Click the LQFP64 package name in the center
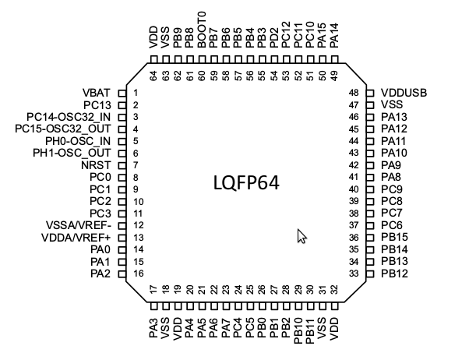coord(246,183)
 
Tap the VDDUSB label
coord(405,93)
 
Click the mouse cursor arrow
coord(301,235)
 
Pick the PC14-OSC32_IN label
coord(69,117)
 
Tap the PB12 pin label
coord(395,274)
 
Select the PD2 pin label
coord(274,37)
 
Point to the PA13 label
coord(395,117)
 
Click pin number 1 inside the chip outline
coord(136,93)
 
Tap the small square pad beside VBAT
coord(121,93)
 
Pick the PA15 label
coord(323,37)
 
